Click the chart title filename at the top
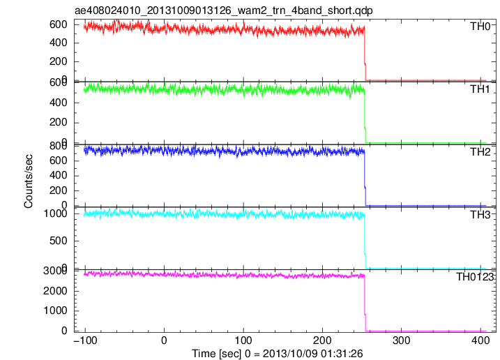[224, 10]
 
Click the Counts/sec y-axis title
[28, 181]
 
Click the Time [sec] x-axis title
[277, 354]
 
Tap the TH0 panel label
[480, 27]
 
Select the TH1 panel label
[480, 89]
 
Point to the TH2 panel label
[480, 152]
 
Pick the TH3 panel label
[480, 215]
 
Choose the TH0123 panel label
[474, 277]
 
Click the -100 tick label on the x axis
[85, 340]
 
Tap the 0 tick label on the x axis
[164, 340]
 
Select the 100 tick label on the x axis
[243, 340]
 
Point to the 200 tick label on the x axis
[322, 340]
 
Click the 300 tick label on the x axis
[401, 340]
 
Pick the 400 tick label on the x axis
[480, 340]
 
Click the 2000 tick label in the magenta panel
[56, 291]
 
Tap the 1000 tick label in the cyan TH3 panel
[56, 213]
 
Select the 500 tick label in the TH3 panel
[59, 241]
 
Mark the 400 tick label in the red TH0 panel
[59, 43]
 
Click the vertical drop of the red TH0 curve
[365, 54]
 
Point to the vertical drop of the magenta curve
[365, 303]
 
